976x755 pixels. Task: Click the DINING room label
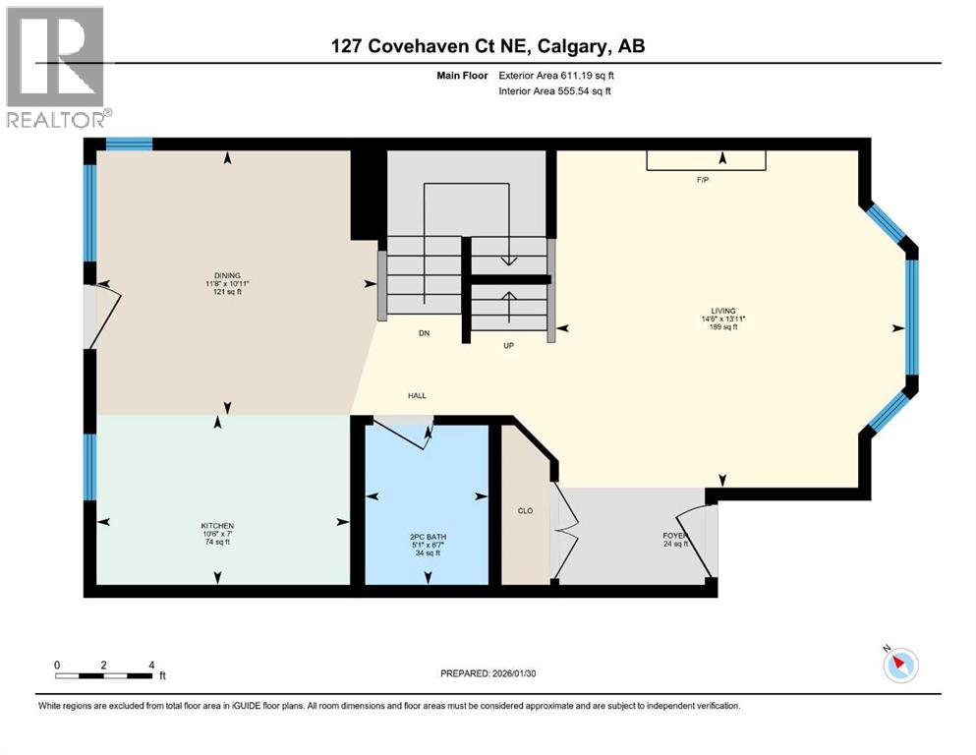[227, 275]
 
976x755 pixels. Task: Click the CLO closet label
[525, 510]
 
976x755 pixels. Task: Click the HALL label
[417, 395]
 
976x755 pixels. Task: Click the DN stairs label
[425, 334]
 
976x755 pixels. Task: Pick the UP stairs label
[508, 346]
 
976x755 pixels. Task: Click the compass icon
[899, 665]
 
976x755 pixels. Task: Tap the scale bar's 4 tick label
[151, 665]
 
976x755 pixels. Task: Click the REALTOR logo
[55, 67]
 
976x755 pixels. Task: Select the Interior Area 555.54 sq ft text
[555, 91]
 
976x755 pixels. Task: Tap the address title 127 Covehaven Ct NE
[487, 46]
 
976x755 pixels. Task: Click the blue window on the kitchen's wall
[89, 467]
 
